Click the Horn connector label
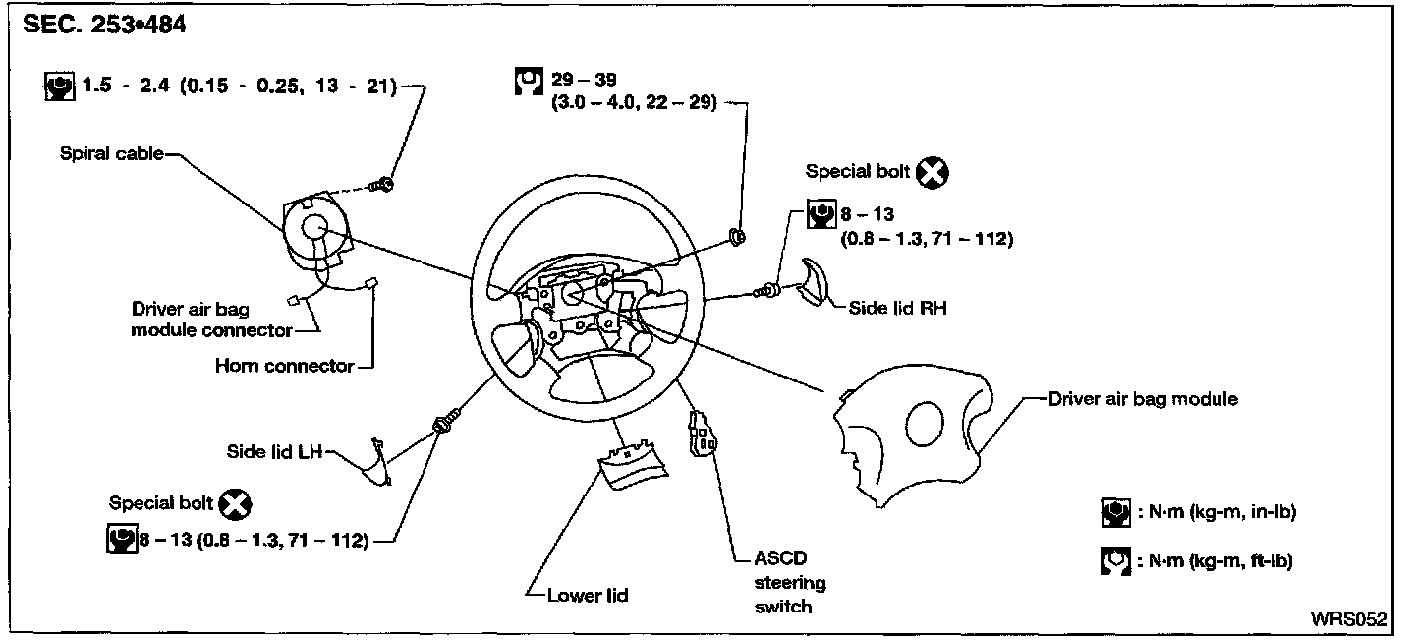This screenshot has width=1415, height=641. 284,366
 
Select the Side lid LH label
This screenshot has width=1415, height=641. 275,452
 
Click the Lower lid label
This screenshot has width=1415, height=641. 589,595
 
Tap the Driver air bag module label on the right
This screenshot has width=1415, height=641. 1143,399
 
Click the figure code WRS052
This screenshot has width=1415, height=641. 1348,619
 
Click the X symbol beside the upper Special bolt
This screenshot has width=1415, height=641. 932,173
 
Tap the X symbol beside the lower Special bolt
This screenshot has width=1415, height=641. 235,504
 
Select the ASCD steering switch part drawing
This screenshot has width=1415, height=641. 704,436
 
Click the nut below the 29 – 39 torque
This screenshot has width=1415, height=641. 738,235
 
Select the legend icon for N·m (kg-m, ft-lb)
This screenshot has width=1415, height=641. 1113,561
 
